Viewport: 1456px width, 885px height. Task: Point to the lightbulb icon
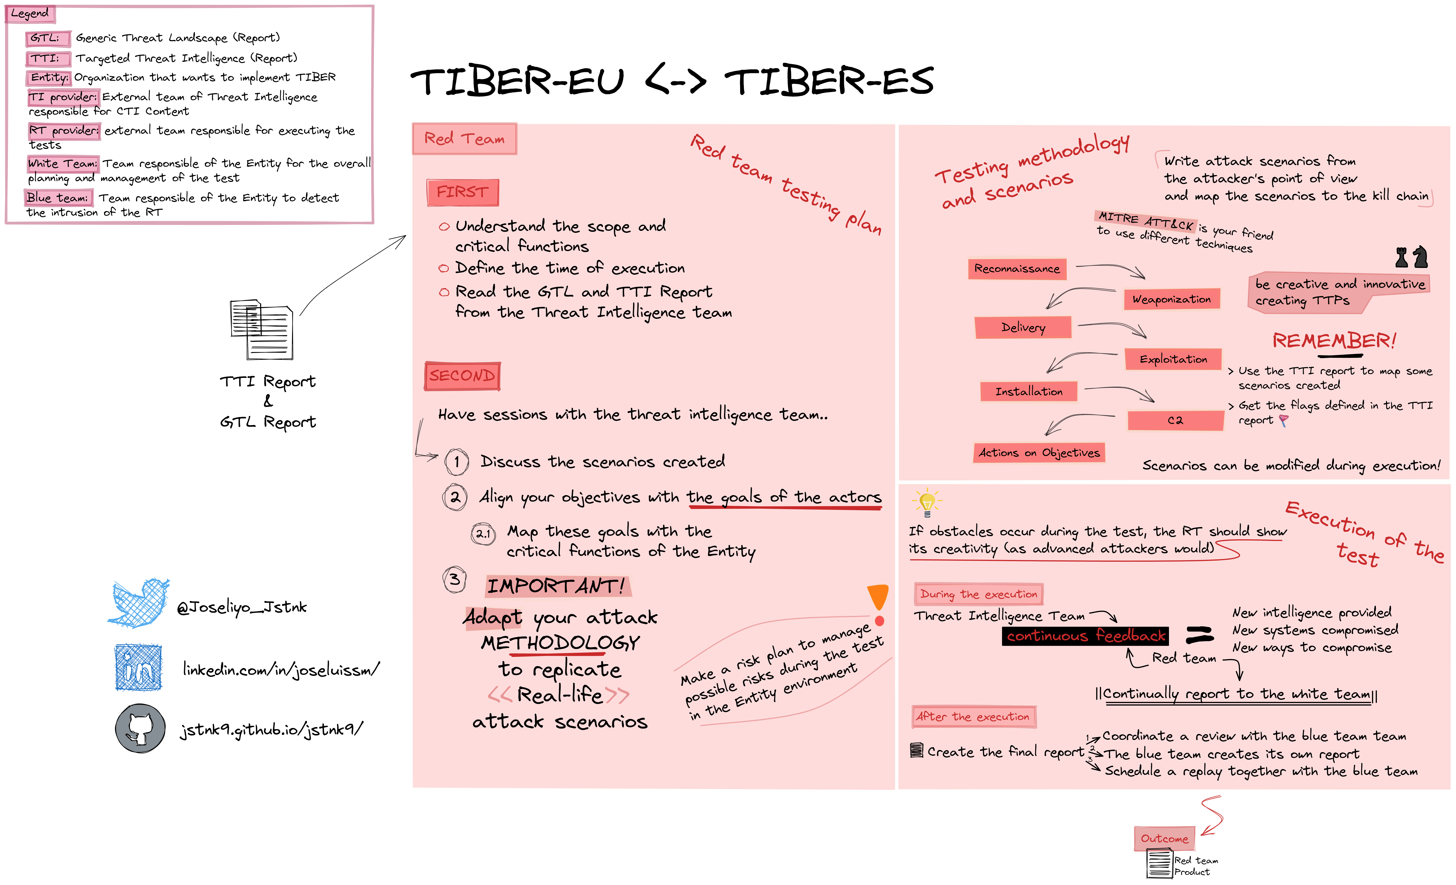926,502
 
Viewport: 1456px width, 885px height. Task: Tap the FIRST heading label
463,192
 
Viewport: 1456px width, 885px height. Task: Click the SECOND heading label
462,376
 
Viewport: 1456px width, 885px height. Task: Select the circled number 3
454,579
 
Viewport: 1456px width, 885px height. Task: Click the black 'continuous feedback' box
1085,636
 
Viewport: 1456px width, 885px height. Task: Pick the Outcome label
1164,838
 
